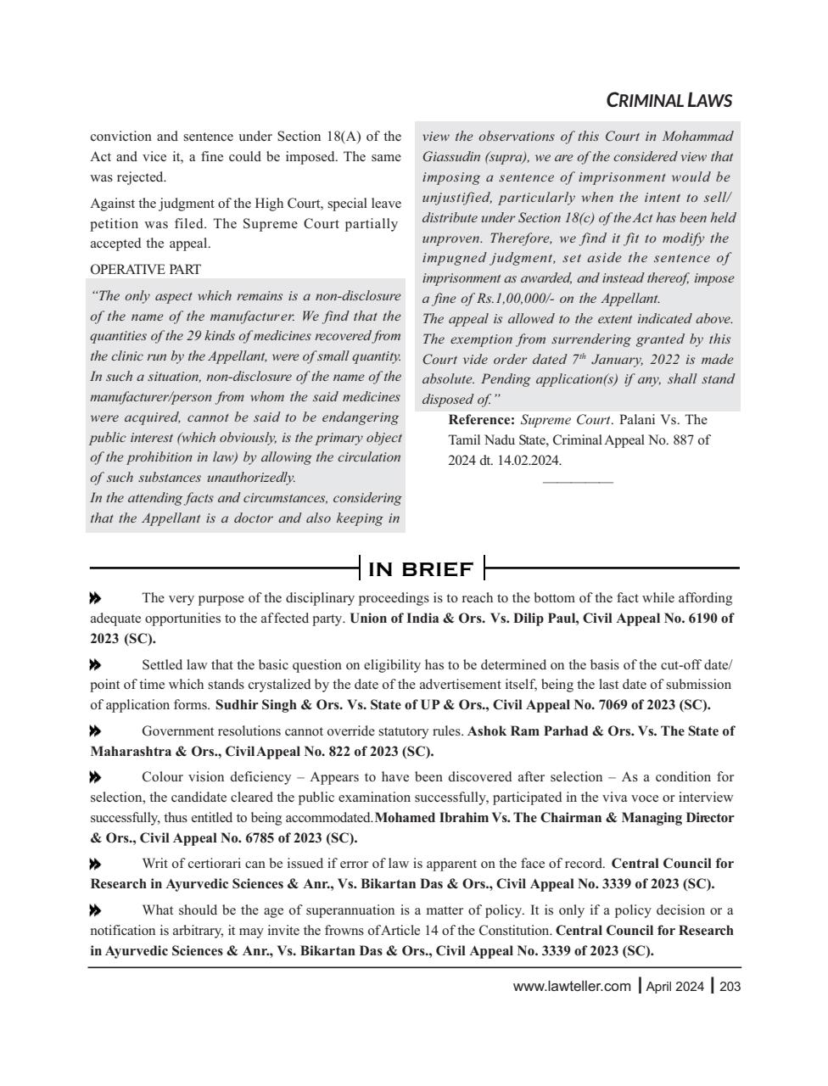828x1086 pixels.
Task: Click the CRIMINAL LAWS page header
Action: click(669, 101)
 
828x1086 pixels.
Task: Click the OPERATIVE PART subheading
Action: click(145, 270)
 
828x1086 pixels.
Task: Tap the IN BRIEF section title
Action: click(421, 568)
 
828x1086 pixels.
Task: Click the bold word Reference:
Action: click(481, 420)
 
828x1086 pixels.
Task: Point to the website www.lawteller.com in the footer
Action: click(572, 986)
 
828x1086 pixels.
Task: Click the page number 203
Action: click(730, 986)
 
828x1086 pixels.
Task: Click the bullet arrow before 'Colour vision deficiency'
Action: click(96, 777)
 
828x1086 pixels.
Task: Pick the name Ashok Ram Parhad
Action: click(521, 731)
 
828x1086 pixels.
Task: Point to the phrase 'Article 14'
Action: click(411, 931)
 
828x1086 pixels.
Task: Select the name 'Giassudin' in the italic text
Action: click(450, 157)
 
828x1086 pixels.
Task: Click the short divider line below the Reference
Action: click(577, 482)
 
